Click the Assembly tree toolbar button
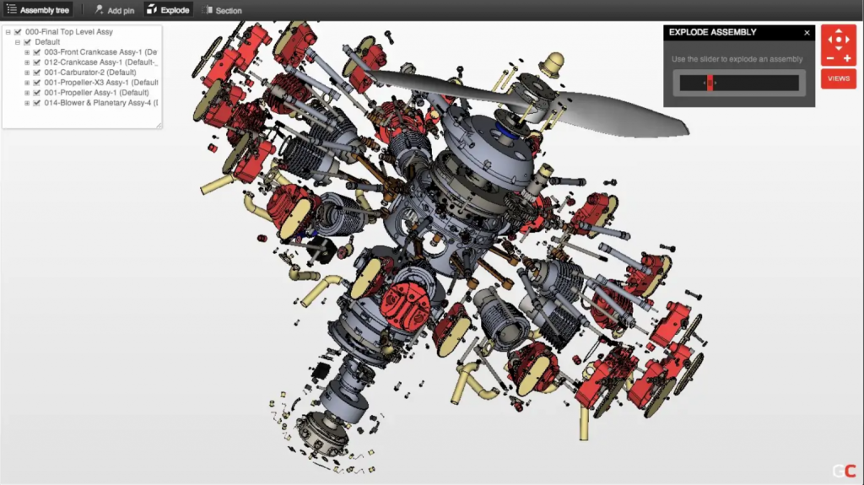point(38,10)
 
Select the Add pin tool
point(114,10)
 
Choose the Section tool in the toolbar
point(222,10)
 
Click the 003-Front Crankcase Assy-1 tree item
point(100,51)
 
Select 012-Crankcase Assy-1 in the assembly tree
point(100,62)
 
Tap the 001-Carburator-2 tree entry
point(89,73)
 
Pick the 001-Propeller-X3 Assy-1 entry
point(101,83)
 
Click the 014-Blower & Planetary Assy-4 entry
point(101,103)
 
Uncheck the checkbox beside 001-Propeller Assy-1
point(37,93)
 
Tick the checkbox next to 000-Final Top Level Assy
point(18,32)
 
